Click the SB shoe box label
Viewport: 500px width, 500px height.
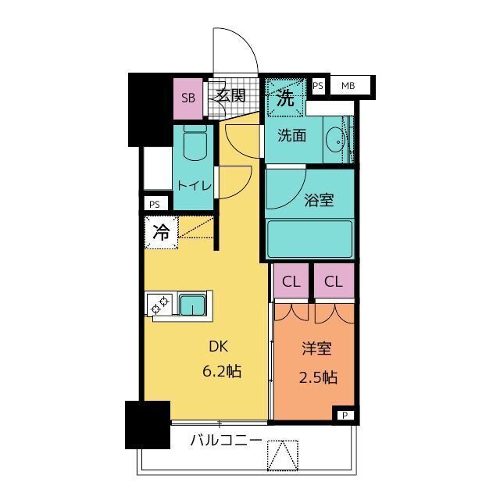(x=187, y=98)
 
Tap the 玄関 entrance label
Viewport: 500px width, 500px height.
(x=231, y=96)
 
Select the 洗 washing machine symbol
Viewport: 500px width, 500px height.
(x=286, y=98)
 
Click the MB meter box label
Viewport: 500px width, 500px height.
(x=347, y=85)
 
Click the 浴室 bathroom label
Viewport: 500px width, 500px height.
(x=319, y=200)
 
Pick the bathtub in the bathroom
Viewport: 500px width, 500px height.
(x=309, y=238)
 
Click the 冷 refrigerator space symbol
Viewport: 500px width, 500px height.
(x=161, y=231)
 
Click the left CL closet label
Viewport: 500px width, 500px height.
(x=291, y=281)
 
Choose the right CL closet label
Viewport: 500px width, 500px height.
(x=334, y=281)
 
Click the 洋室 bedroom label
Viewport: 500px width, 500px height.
(x=318, y=350)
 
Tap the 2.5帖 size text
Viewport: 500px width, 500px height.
(x=318, y=377)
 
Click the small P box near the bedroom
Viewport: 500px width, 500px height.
(x=345, y=415)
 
